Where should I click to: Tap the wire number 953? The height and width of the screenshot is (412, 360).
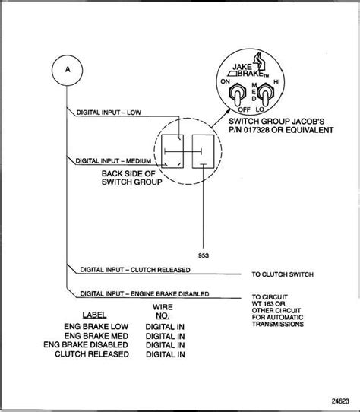point(204,255)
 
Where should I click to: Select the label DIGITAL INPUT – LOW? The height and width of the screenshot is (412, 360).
point(109,113)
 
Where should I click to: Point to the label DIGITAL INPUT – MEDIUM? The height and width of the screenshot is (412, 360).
point(113,161)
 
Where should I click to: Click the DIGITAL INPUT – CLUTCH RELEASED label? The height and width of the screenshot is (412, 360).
point(135,270)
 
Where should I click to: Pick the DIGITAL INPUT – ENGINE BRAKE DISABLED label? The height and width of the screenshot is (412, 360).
point(144,293)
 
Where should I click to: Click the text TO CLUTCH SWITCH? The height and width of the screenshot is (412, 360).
point(283,274)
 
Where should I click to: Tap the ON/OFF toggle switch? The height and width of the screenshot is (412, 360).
point(237,95)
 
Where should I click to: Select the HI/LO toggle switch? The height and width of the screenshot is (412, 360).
point(265,95)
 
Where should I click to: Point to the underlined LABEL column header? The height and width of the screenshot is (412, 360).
point(94,315)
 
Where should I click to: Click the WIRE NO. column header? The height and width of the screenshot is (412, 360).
point(163,312)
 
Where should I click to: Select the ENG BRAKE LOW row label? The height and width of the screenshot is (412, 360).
point(96,327)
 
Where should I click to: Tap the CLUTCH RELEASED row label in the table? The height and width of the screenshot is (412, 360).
point(92,354)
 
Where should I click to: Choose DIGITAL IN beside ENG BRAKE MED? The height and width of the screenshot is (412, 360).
point(165,336)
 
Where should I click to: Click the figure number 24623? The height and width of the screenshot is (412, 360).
point(340,401)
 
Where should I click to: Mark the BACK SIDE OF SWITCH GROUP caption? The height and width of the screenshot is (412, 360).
point(131,178)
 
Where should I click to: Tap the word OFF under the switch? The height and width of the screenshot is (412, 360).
point(244,109)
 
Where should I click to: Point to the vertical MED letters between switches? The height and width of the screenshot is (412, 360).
point(254,92)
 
